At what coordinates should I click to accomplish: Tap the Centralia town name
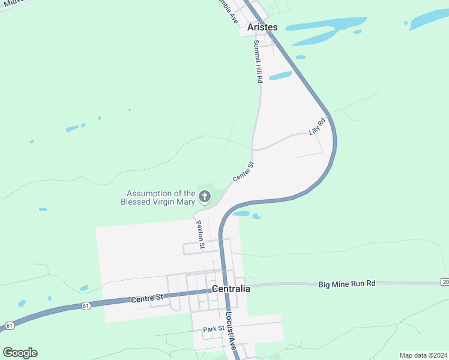tap(231, 289)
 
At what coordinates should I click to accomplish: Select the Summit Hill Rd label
tap(258, 61)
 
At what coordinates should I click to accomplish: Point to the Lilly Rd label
tap(316, 127)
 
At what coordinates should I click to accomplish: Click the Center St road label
tap(243, 172)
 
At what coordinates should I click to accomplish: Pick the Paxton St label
tap(200, 235)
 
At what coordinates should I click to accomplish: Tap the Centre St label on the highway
tap(148, 298)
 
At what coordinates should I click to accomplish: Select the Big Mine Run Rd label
tap(346, 283)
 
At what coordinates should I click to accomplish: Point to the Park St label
tap(213, 329)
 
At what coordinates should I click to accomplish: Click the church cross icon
tap(205, 196)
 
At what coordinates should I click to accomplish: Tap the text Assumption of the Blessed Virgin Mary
tap(161, 197)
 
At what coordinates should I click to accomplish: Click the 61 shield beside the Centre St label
tap(86, 306)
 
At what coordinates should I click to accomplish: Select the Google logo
tap(20, 353)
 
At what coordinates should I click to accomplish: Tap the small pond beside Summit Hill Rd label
tap(280, 76)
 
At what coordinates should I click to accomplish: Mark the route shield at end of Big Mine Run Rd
tap(445, 282)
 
